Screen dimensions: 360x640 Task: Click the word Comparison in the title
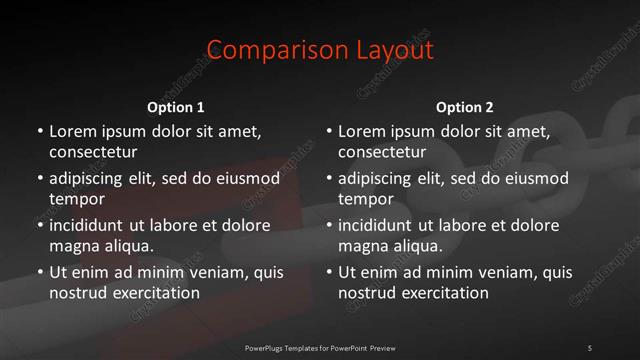(x=266, y=50)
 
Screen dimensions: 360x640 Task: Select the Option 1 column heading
(x=176, y=107)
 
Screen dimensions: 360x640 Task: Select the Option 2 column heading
(x=465, y=107)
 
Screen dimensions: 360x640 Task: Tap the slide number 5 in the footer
(x=589, y=347)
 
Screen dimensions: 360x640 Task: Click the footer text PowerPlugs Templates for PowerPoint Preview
(x=319, y=347)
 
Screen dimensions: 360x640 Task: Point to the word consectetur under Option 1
(x=93, y=152)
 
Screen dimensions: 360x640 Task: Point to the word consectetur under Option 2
(x=382, y=152)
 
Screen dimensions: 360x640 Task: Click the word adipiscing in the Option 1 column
(x=89, y=179)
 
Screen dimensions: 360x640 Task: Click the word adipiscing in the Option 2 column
(x=378, y=179)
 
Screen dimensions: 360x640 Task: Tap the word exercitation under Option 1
(x=156, y=293)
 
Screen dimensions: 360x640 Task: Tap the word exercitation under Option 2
(x=445, y=293)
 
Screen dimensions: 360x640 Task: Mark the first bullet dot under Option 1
(x=40, y=132)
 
